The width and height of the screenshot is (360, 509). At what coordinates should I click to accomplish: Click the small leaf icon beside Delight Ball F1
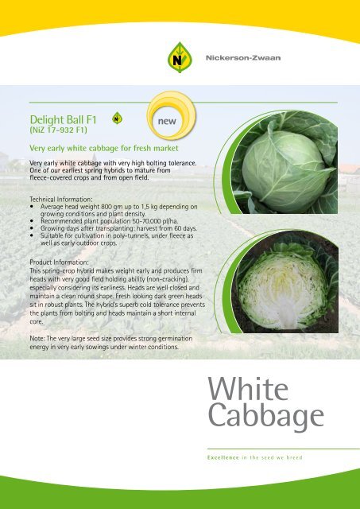[118, 118]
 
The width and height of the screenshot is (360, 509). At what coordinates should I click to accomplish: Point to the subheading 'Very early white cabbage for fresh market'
[103, 148]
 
